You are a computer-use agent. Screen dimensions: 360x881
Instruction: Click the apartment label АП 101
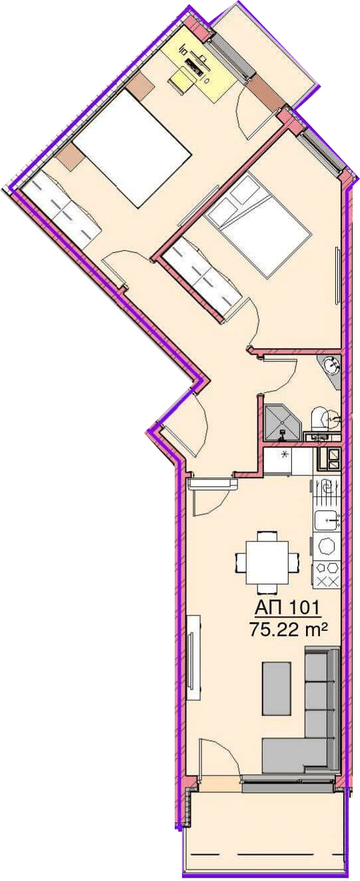[288, 608]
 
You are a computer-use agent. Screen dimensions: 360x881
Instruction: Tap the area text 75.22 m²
[288, 630]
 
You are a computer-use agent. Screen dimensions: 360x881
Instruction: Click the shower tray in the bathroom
[282, 423]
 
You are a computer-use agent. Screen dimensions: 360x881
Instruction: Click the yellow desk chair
[183, 80]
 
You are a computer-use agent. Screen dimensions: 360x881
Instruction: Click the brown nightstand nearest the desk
[140, 85]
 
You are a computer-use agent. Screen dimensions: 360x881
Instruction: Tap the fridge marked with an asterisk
[278, 462]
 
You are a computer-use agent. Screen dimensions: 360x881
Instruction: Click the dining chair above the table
[265, 536]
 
